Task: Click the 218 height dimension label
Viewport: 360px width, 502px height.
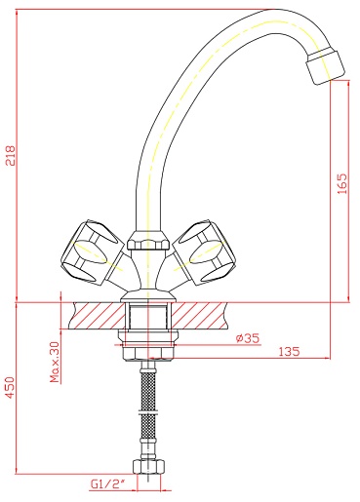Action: click(11, 156)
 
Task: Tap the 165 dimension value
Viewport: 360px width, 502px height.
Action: click(341, 184)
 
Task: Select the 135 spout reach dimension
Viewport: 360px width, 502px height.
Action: click(289, 352)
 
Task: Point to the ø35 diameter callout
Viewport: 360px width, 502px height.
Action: click(248, 338)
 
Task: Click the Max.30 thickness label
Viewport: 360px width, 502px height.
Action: click(56, 362)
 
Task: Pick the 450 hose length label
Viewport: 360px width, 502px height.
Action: click(10, 387)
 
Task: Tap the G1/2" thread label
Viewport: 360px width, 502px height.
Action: click(107, 484)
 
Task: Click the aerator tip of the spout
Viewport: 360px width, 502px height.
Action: click(325, 65)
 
